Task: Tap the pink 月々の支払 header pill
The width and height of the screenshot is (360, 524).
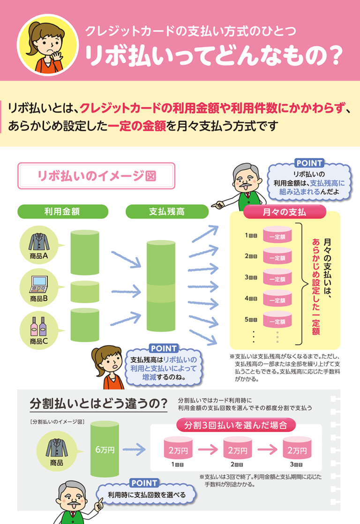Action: point(285,212)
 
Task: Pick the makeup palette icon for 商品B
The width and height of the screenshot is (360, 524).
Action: point(38,282)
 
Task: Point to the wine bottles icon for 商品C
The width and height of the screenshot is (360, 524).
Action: point(38,324)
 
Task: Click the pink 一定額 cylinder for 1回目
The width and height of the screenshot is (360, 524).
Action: point(277,236)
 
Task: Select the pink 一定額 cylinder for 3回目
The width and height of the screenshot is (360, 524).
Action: point(277,278)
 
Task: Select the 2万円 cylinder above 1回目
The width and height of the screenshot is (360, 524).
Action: point(178,450)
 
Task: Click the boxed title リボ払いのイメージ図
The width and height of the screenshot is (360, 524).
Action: point(96,176)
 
